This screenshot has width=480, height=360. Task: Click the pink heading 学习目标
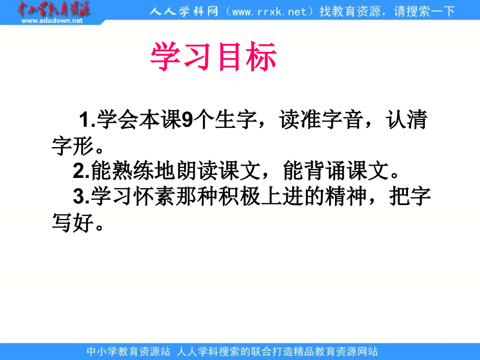pyautogui.click(x=213, y=57)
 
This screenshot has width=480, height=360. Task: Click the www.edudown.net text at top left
pyautogui.click(x=53, y=21)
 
